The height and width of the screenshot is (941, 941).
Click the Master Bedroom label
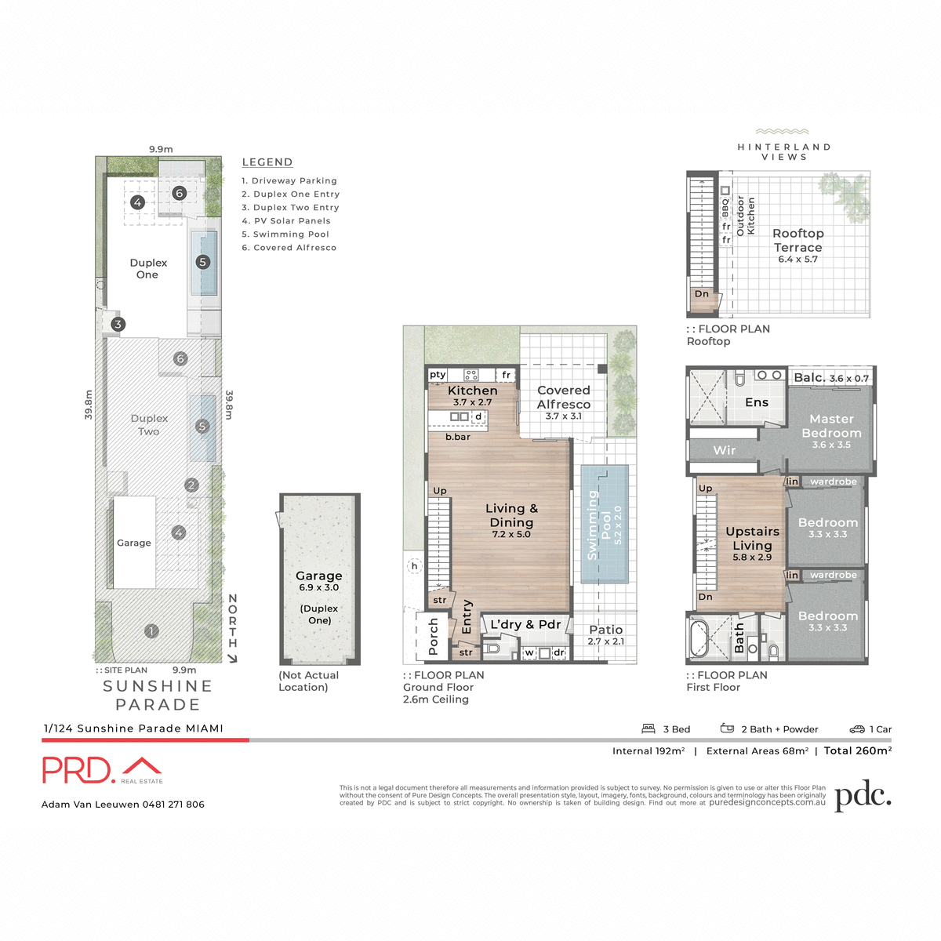coord(831,426)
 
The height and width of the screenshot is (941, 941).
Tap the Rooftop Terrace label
coord(797,240)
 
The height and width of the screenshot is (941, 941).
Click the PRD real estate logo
coord(102,770)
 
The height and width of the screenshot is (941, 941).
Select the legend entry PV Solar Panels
coord(286,221)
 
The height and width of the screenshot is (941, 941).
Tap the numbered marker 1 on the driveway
coord(152,630)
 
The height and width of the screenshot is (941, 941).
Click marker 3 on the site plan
coord(118,324)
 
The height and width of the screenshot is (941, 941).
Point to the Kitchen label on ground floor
coord(472,391)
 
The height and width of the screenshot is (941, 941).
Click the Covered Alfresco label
coord(564,397)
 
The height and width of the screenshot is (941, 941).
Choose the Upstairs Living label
coord(752,539)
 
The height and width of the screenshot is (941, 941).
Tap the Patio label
coord(606,630)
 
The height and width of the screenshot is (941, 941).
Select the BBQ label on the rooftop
coord(725,206)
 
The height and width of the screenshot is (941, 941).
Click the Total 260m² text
coord(857,750)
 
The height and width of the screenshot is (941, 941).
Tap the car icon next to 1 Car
coord(857,729)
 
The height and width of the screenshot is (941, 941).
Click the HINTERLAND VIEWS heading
coord(783,151)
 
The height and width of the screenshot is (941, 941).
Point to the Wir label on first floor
coord(725,450)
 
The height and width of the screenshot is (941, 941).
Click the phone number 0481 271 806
coord(173,805)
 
